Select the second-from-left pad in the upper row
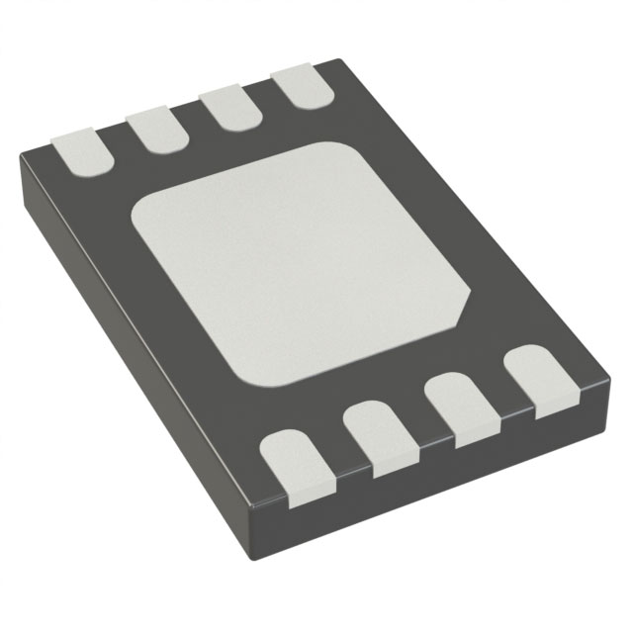click(155, 127)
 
